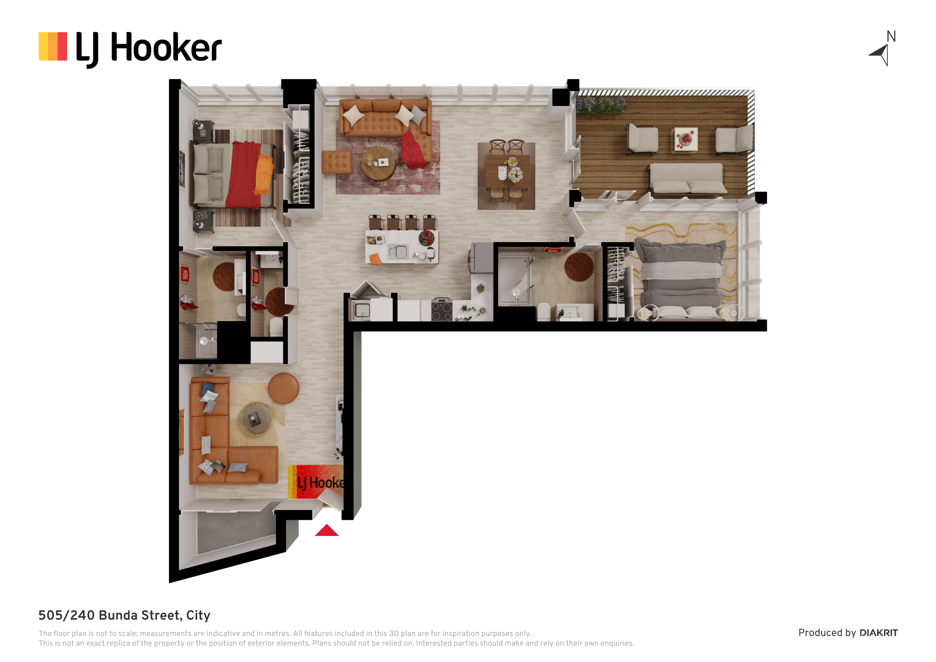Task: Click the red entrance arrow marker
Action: [x=327, y=531]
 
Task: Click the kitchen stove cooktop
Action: [x=442, y=309]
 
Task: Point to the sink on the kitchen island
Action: [x=398, y=252]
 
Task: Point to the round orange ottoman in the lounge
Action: [x=284, y=388]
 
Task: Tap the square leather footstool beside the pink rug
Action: [x=337, y=162]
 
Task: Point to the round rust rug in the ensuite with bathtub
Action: [x=579, y=267]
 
